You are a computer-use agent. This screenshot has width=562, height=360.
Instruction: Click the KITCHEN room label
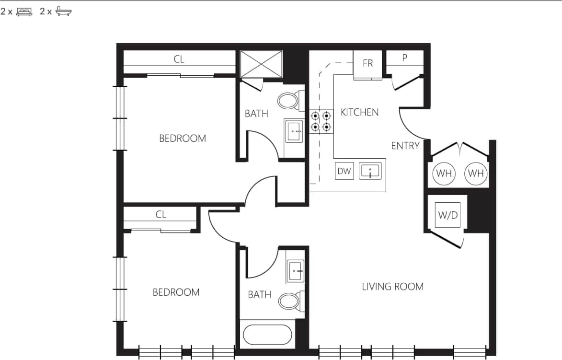[359, 112]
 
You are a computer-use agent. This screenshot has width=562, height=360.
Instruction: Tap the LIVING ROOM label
[392, 287]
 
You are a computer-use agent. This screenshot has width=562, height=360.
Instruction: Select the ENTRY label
[405, 146]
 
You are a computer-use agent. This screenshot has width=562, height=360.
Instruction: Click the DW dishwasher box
[344, 171]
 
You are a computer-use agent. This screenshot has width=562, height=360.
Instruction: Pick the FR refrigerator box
[367, 64]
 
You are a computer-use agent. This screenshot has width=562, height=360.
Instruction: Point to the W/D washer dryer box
[448, 215]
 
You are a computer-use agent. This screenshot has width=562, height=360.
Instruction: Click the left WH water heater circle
[444, 173]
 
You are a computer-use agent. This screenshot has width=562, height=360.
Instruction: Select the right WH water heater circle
[476, 173]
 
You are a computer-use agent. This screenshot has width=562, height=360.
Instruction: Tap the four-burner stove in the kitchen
[321, 121]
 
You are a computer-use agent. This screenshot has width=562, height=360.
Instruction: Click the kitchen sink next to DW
[370, 171]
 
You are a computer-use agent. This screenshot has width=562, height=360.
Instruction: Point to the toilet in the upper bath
[288, 101]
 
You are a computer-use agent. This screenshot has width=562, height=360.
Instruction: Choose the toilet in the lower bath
[289, 301]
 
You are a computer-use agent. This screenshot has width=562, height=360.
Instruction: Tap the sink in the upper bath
[294, 131]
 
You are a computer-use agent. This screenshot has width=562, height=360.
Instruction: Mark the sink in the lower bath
[295, 271]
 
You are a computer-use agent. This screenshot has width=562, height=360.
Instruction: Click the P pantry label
[405, 58]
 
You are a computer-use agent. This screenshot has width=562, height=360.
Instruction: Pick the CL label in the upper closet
[179, 60]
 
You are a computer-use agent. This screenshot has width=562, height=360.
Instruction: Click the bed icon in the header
[24, 12]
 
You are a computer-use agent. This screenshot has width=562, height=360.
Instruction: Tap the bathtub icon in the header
[63, 12]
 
